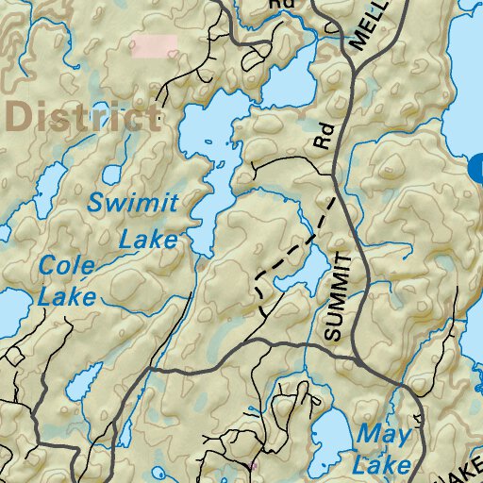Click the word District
(83, 117)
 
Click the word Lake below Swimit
(148, 239)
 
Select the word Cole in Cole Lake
(66, 266)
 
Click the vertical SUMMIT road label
(343, 297)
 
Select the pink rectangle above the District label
(154, 46)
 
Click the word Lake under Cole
(67, 297)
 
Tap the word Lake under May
(382, 465)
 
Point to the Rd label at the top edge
(280, 6)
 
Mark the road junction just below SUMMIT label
(358, 359)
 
